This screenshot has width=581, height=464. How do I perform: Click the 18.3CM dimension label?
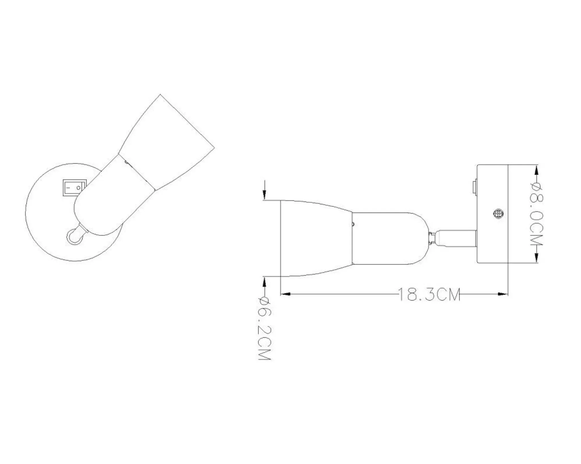click(429, 294)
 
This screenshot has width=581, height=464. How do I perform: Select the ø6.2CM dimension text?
click(264, 328)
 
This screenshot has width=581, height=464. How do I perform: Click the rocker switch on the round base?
click(73, 188)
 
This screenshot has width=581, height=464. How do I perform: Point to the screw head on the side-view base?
click(498, 214)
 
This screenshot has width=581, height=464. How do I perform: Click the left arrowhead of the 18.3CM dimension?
click(285, 294)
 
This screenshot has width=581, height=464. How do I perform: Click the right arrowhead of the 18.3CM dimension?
click(503, 294)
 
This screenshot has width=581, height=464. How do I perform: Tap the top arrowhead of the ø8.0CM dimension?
click(536, 171)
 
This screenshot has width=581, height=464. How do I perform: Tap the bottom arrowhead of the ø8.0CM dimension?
click(536, 257)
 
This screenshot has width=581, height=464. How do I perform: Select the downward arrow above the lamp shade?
click(264, 190)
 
